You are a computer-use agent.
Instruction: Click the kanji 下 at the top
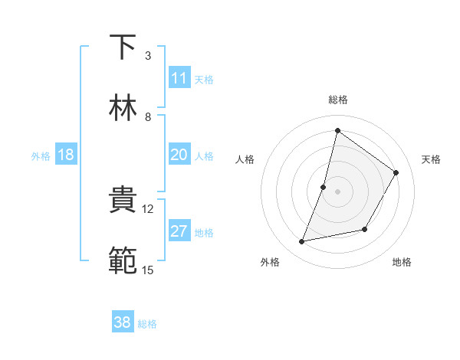[123, 47]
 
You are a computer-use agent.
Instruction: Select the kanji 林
[123, 108]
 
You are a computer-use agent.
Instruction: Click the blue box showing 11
[179, 78]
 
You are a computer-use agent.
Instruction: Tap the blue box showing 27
[179, 232]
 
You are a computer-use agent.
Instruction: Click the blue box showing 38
[123, 322]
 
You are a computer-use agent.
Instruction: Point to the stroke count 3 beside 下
[148, 56]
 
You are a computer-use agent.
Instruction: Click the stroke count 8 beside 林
[148, 117]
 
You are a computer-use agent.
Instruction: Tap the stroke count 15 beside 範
[148, 270]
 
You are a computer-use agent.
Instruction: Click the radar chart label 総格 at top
[337, 100]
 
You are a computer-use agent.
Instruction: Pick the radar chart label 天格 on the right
[431, 159]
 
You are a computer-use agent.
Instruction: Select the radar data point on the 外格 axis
[302, 242]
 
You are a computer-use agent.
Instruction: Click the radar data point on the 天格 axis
[396, 173]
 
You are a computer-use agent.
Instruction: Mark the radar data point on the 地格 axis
[365, 229]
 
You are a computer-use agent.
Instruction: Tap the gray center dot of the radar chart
[337, 191]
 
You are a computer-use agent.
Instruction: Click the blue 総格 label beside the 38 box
[147, 324]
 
